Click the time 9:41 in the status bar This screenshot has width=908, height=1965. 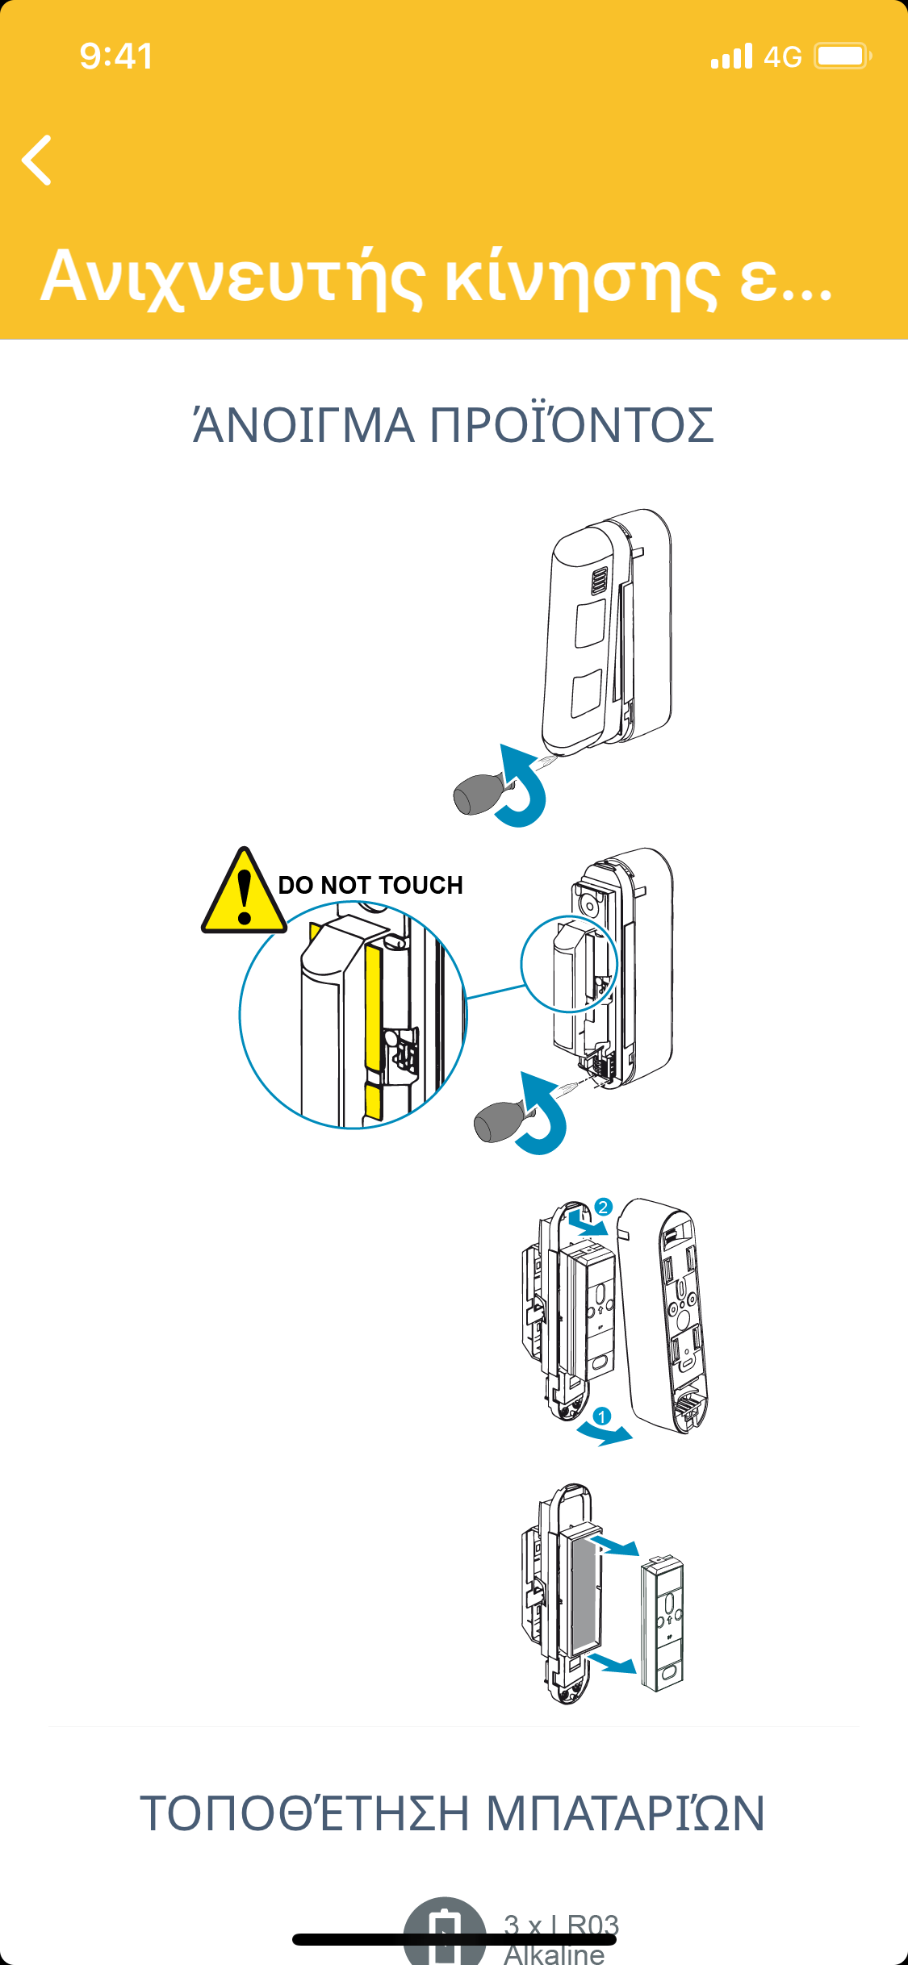(116, 56)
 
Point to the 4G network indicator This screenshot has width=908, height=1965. (782, 56)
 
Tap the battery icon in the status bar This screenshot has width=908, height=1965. (842, 56)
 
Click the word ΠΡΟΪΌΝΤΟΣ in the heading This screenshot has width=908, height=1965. (571, 426)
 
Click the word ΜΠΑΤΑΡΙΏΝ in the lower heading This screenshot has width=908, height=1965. (625, 1814)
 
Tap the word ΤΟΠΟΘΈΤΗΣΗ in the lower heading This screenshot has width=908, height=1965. (304, 1814)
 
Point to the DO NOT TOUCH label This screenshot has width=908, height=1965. (370, 885)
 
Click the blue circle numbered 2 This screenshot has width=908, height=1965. (603, 1207)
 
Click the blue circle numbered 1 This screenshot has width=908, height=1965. (601, 1416)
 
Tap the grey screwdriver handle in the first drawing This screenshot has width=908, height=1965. (477, 794)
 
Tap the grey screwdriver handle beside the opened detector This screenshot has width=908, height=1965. (498, 1123)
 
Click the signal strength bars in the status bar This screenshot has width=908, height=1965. (731, 56)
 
